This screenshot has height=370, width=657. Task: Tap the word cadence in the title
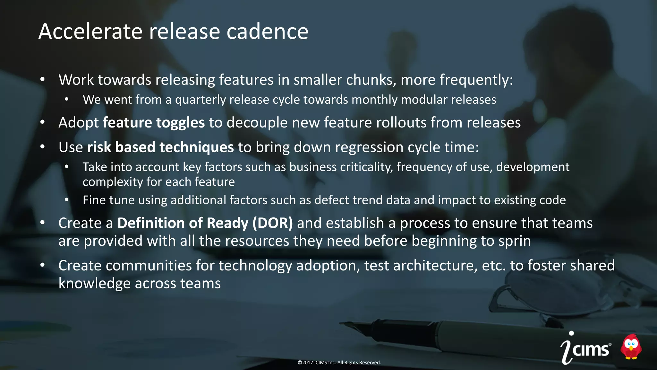(x=267, y=31)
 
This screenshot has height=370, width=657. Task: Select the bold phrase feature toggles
(x=154, y=123)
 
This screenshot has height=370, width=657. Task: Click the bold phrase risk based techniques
(x=160, y=147)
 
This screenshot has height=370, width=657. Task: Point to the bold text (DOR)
(x=273, y=223)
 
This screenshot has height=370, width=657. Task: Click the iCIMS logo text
(x=586, y=348)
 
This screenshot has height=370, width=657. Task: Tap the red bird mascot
(x=631, y=347)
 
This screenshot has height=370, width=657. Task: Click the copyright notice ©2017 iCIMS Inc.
(x=339, y=363)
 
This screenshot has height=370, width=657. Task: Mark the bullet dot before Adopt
(x=43, y=122)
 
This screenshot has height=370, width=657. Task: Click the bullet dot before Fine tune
(x=67, y=200)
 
